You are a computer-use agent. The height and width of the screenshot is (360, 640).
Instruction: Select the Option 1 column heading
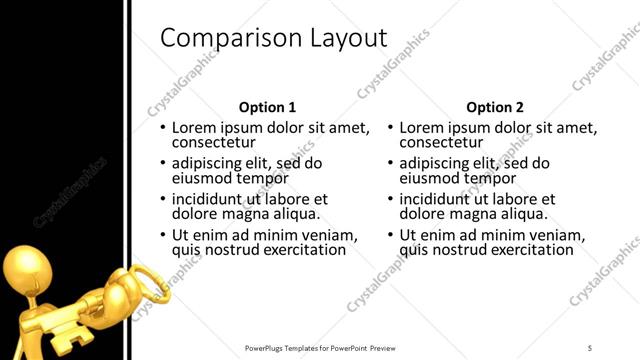coord(267,107)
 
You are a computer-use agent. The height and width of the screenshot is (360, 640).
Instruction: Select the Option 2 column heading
coord(495,107)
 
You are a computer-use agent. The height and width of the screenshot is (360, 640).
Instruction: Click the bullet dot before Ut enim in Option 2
coord(390,236)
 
